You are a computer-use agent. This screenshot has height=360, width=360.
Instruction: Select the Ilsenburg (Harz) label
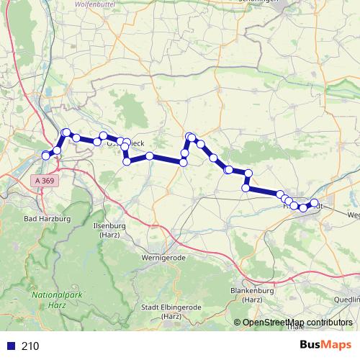pos(110,230)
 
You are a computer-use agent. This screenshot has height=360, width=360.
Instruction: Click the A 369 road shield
pos(43,181)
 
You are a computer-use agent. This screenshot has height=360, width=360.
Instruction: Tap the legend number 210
pos(30,346)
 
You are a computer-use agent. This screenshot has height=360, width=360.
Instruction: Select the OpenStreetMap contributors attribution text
pos(297,323)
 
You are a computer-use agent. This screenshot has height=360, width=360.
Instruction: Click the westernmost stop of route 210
pos(46,156)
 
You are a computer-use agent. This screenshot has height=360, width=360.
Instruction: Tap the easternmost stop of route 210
pos(314,202)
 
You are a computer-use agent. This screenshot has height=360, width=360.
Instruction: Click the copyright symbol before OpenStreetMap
pos(238,323)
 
